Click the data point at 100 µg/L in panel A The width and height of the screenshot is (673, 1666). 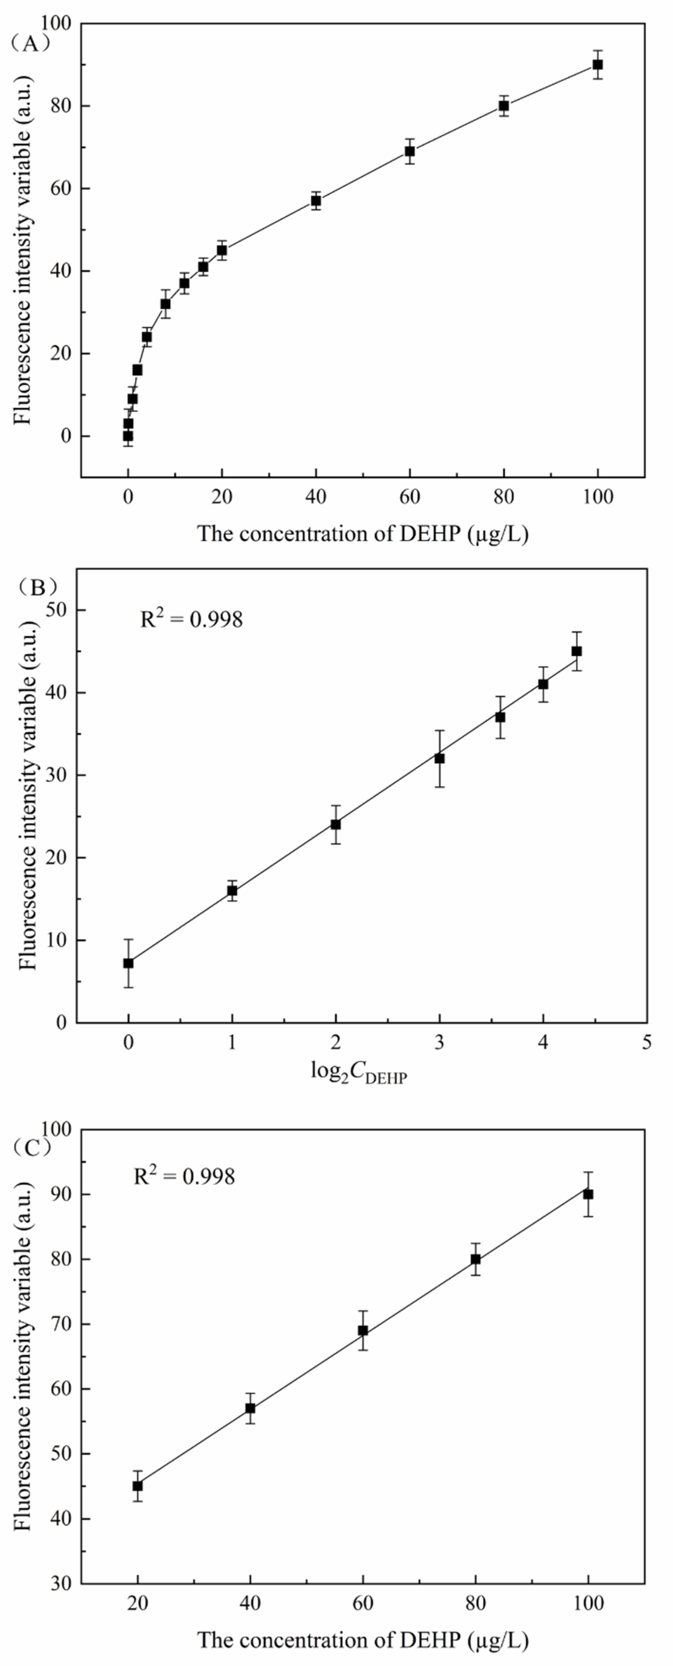click(x=597, y=65)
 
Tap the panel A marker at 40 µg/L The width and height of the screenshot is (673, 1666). click(x=315, y=201)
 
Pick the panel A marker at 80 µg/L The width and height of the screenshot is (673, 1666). click(x=504, y=106)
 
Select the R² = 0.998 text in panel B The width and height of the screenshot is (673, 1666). click(x=191, y=619)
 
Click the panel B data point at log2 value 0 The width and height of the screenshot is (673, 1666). click(x=129, y=963)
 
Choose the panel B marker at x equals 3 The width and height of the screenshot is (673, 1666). click(x=439, y=758)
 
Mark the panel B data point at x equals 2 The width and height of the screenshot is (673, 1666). click(x=336, y=824)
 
